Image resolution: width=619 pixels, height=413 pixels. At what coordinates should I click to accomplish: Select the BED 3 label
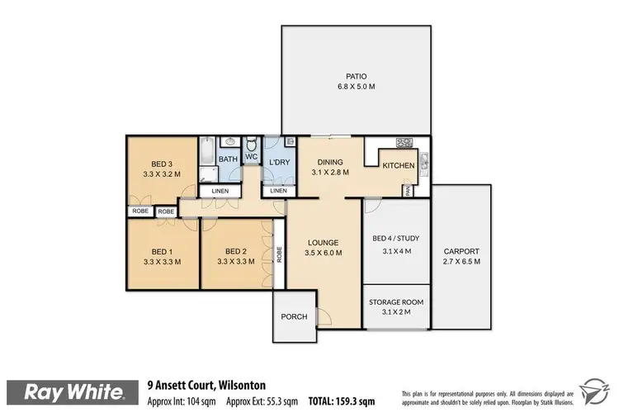(161, 164)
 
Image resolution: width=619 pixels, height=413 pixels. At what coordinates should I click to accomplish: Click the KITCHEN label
(398, 166)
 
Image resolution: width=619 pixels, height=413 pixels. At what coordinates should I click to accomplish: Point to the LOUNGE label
(323, 243)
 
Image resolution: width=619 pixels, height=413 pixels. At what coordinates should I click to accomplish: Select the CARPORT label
(461, 251)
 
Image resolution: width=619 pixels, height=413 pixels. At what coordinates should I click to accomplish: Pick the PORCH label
(294, 316)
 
